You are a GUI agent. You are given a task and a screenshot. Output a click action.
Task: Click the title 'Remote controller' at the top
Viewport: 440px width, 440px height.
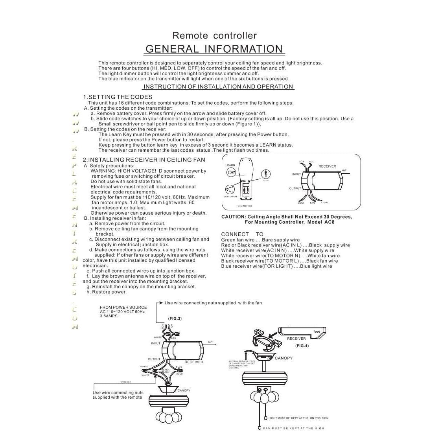tap(214, 36)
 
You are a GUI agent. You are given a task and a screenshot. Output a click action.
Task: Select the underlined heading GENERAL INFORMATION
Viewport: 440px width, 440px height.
tap(214, 49)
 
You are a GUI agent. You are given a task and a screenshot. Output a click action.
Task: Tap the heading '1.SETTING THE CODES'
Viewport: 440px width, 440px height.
tap(118, 97)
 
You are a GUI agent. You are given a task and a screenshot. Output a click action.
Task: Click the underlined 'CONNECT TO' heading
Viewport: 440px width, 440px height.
tap(242, 234)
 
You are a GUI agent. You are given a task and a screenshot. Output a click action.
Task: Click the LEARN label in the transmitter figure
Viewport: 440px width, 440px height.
tap(230, 166)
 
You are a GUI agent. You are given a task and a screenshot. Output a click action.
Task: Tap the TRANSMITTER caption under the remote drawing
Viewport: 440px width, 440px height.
tap(244, 206)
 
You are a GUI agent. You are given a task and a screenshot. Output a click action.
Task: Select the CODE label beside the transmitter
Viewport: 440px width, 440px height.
tap(266, 180)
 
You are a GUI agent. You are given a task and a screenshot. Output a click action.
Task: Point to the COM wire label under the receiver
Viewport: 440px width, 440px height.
tap(301, 203)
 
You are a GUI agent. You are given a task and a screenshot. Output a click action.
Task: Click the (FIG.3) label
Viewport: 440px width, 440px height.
tap(175, 318)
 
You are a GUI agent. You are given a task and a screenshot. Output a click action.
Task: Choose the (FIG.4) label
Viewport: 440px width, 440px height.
tap(302, 346)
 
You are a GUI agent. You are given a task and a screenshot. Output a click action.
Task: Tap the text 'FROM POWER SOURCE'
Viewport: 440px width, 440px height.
tap(123, 307)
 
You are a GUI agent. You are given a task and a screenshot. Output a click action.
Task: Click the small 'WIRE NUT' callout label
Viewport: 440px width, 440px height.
tap(125, 382)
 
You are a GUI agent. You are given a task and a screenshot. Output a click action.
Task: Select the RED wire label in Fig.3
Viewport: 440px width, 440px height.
tap(173, 338)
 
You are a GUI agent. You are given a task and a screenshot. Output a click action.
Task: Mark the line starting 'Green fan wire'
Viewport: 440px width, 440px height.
tap(260, 240)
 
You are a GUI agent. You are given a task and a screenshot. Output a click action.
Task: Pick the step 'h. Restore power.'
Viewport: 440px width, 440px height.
tap(107, 292)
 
